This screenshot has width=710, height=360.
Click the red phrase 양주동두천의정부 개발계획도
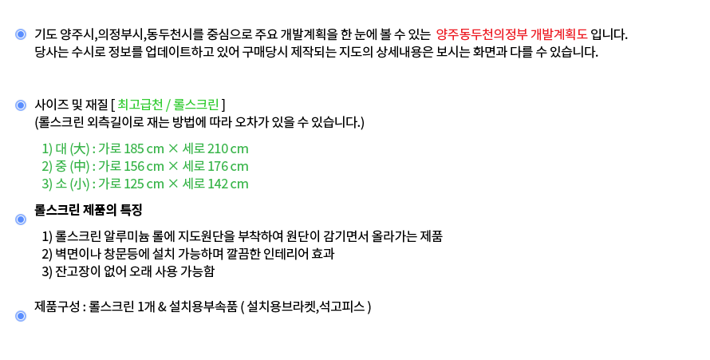coord(511,34)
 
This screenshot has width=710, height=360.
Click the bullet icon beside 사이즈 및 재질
coord(21,105)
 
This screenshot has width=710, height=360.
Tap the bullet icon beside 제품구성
coord(21,316)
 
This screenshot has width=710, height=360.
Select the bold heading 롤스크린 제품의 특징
coord(89,210)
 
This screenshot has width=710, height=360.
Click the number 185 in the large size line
coord(134,148)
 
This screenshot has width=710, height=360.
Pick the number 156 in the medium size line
coord(134,166)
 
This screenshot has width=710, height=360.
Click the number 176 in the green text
coord(218,166)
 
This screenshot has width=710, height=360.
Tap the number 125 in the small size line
coord(134,184)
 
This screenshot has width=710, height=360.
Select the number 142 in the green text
coord(218,184)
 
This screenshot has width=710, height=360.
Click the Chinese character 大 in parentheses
coord(79,148)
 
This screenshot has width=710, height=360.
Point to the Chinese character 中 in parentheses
coord(79,166)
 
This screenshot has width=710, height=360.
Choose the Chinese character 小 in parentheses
coord(79,184)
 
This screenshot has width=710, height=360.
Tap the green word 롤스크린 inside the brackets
coord(196,105)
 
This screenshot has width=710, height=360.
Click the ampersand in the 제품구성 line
coord(162,307)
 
